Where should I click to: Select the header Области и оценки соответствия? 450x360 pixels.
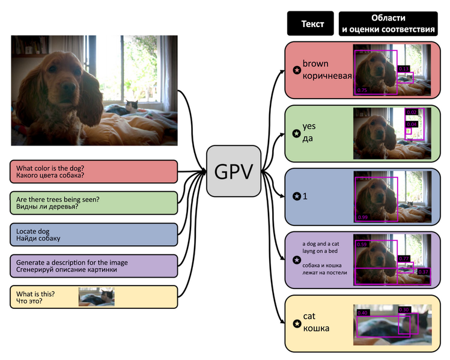pos(388,24)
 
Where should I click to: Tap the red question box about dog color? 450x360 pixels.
pos(94,172)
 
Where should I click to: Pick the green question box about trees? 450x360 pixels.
pos(94,203)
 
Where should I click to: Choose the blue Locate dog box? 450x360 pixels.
pos(94,234)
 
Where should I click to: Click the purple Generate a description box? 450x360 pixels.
pos(94,266)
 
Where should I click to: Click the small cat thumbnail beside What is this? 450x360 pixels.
pos(96,297)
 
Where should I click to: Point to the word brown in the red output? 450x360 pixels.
pos(315,64)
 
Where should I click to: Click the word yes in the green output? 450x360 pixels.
pos(309,127)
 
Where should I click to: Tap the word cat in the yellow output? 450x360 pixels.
pos(309,316)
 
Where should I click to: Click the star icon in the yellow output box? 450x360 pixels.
pos(296,323)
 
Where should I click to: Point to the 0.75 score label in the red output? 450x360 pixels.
pos(362,90)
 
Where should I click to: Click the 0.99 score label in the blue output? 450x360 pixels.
pos(362,217)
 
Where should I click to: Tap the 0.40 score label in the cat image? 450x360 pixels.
pos(363,313)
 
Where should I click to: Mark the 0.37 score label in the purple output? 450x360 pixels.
pos(424,272)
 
